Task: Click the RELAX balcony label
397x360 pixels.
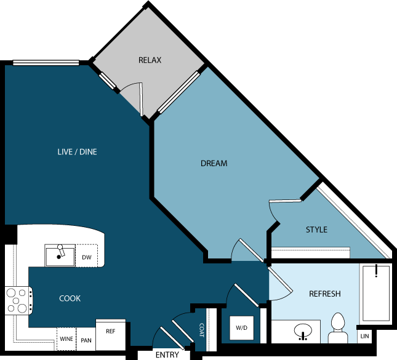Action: coord(150,60)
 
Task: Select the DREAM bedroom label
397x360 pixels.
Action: coord(214,164)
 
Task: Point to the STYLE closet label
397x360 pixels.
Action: coord(316,230)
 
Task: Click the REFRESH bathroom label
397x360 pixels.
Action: coord(324,294)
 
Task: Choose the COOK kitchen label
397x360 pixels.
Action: coord(70,298)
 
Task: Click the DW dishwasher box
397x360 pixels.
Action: coord(87,257)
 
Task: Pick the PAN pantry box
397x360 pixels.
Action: coord(86,340)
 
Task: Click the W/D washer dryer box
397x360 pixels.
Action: coord(241,328)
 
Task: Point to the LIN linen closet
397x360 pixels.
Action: coord(364,336)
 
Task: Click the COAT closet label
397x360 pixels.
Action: coord(201,330)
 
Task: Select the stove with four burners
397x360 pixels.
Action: coord(17,301)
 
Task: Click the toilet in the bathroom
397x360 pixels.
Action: coord(337,329)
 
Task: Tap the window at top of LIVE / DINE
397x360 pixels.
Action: coord(46,63)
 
